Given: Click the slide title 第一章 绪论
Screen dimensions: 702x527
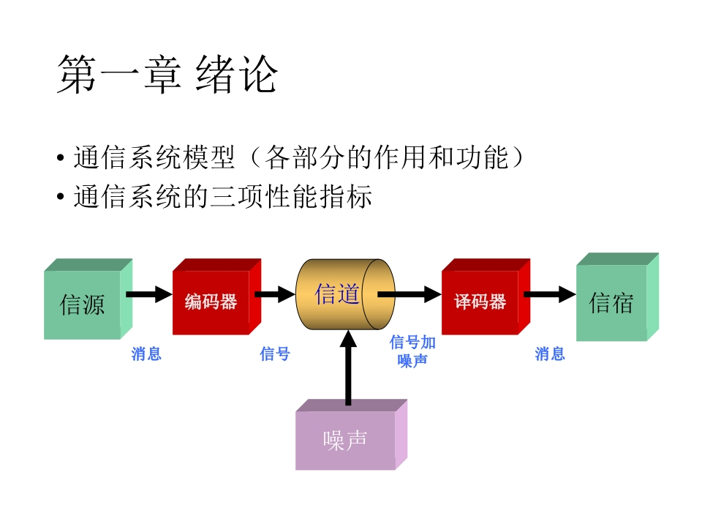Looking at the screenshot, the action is tap(167, 75).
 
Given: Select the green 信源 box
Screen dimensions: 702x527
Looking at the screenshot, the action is tap(88, 299).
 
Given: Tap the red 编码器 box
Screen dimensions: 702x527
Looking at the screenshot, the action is tap(216, 296).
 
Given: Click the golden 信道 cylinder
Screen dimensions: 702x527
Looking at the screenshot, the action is tap(345, 294).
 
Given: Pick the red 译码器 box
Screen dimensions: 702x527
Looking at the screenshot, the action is tap(486, 296).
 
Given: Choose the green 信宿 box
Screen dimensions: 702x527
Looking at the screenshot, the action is tap(617, 297).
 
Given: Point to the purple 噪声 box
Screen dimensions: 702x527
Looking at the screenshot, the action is tap(352, 435).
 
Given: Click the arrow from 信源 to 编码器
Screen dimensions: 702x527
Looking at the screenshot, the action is tap(149, 294).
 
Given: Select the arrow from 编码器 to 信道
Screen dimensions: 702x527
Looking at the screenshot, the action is tap(275, 294).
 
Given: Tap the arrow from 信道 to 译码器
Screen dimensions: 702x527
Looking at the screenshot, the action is tap(409, 294).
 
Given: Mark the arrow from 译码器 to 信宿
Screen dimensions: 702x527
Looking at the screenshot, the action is tap(550, 294).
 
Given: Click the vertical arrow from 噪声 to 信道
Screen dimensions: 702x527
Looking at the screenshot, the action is tap(348, 368).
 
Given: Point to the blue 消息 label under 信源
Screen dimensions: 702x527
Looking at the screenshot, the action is tap(146, 354).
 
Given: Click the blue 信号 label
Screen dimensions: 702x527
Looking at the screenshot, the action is tap(275, 354).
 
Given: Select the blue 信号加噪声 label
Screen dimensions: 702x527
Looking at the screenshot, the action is tap(412, 351).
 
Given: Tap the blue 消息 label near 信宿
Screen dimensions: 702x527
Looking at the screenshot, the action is tap(550, 354).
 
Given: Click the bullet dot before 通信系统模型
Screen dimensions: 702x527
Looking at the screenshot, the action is tap(61, 158).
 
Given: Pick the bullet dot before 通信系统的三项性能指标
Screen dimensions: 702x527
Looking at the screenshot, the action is tap(61, 197).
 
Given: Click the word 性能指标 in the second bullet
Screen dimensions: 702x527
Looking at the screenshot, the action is tap(318, 196).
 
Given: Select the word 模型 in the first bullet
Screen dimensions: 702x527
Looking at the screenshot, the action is tap(208, 157).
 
